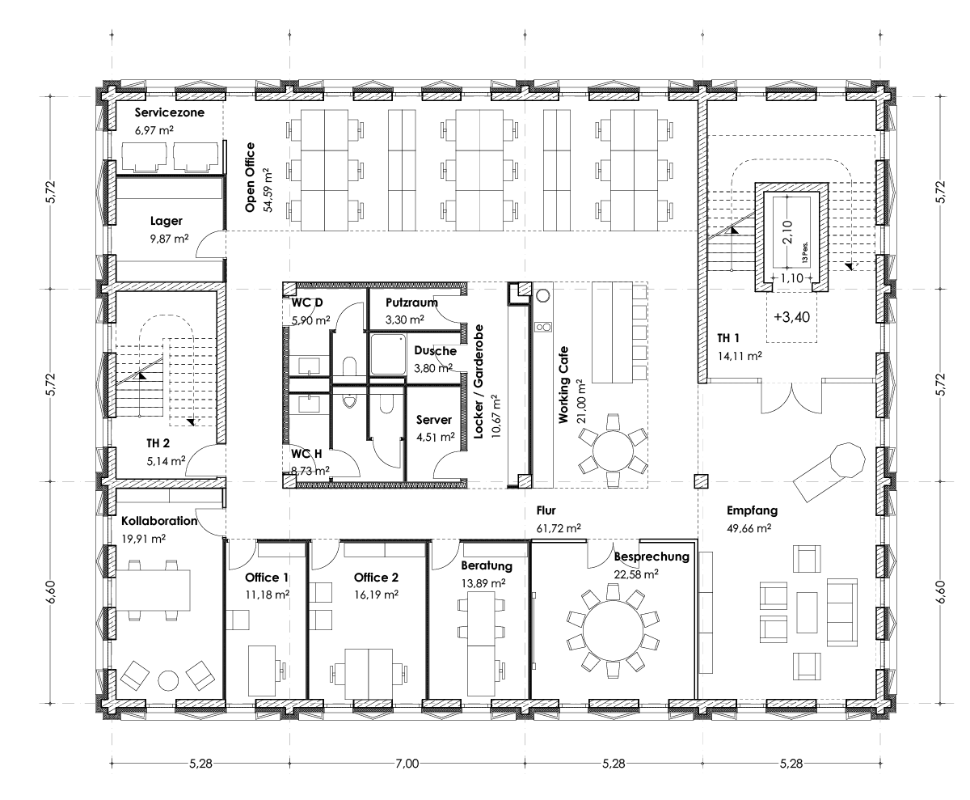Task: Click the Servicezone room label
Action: pyautogui.click(x=170, y=112)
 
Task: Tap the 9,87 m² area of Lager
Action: pyautogui.click(x=169, y=239)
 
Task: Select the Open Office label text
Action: pyautogui.click(x=250, y=177)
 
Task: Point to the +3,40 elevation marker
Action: pyautogui.click(x=791, y=317)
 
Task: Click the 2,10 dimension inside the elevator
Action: pyautogui.click(x=787, y=231)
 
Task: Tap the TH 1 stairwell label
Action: pyautogui.click(x=728, y=338)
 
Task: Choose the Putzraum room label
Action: pyautogui.click(x=411, y=303)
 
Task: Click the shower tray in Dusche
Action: pyautogui.click(x=388, y=353)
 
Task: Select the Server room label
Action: pyautogui.click(x=434, y=420)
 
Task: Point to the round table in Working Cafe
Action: pyautogui.click(x=613, y=451)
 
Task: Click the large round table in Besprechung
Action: pyautogui.click(x=613, y=631)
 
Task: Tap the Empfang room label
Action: pyautogui.click(x=752, y=510)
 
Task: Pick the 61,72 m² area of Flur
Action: pyautogui.click(x=559, y=528)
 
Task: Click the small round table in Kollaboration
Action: pyautogui.click(x=168, y=681)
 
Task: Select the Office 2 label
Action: pyautogui.click(x=376, y=578)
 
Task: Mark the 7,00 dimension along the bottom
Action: pyautogui.click(x=407, y=763)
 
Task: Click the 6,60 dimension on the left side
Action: pyautogui.click(x=51, y=592)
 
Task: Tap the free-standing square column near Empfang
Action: pyautogui.click(x=701, y=480)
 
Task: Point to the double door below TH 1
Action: pyautogui.click(x=791, y=396)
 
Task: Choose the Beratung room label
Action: pyautogui.click(x=487, y=565)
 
